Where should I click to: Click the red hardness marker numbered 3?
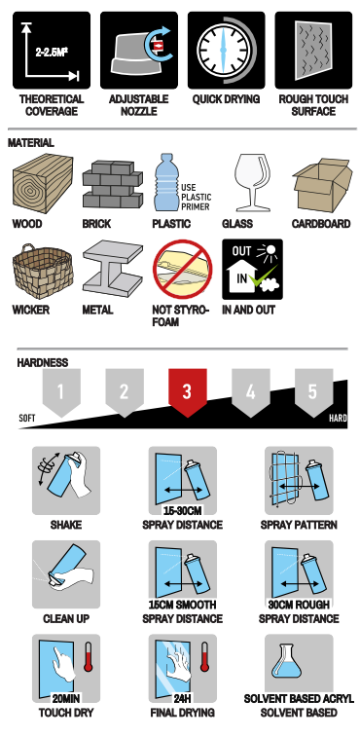tap(188, 391)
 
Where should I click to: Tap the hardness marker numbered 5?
tap(313, 391)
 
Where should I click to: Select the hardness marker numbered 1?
tap(61, 391)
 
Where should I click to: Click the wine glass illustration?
tap(252, 182)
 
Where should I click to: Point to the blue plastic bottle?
tap(165, 182)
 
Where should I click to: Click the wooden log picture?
tap(43, 183)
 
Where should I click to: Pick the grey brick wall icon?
tap(112, 184)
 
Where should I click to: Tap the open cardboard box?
tap(322, 185)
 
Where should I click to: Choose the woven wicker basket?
tap(43, 272)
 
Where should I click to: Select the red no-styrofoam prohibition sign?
tap(182, 270)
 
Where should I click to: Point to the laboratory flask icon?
tap(287, 661)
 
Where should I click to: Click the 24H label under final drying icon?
tap(182, 698)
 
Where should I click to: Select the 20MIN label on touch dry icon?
tap(66, 698)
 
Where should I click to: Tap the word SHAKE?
tap(66, 525)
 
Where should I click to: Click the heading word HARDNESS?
tap(42, 362)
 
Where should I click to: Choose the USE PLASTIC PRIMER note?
tap(196, 197)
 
